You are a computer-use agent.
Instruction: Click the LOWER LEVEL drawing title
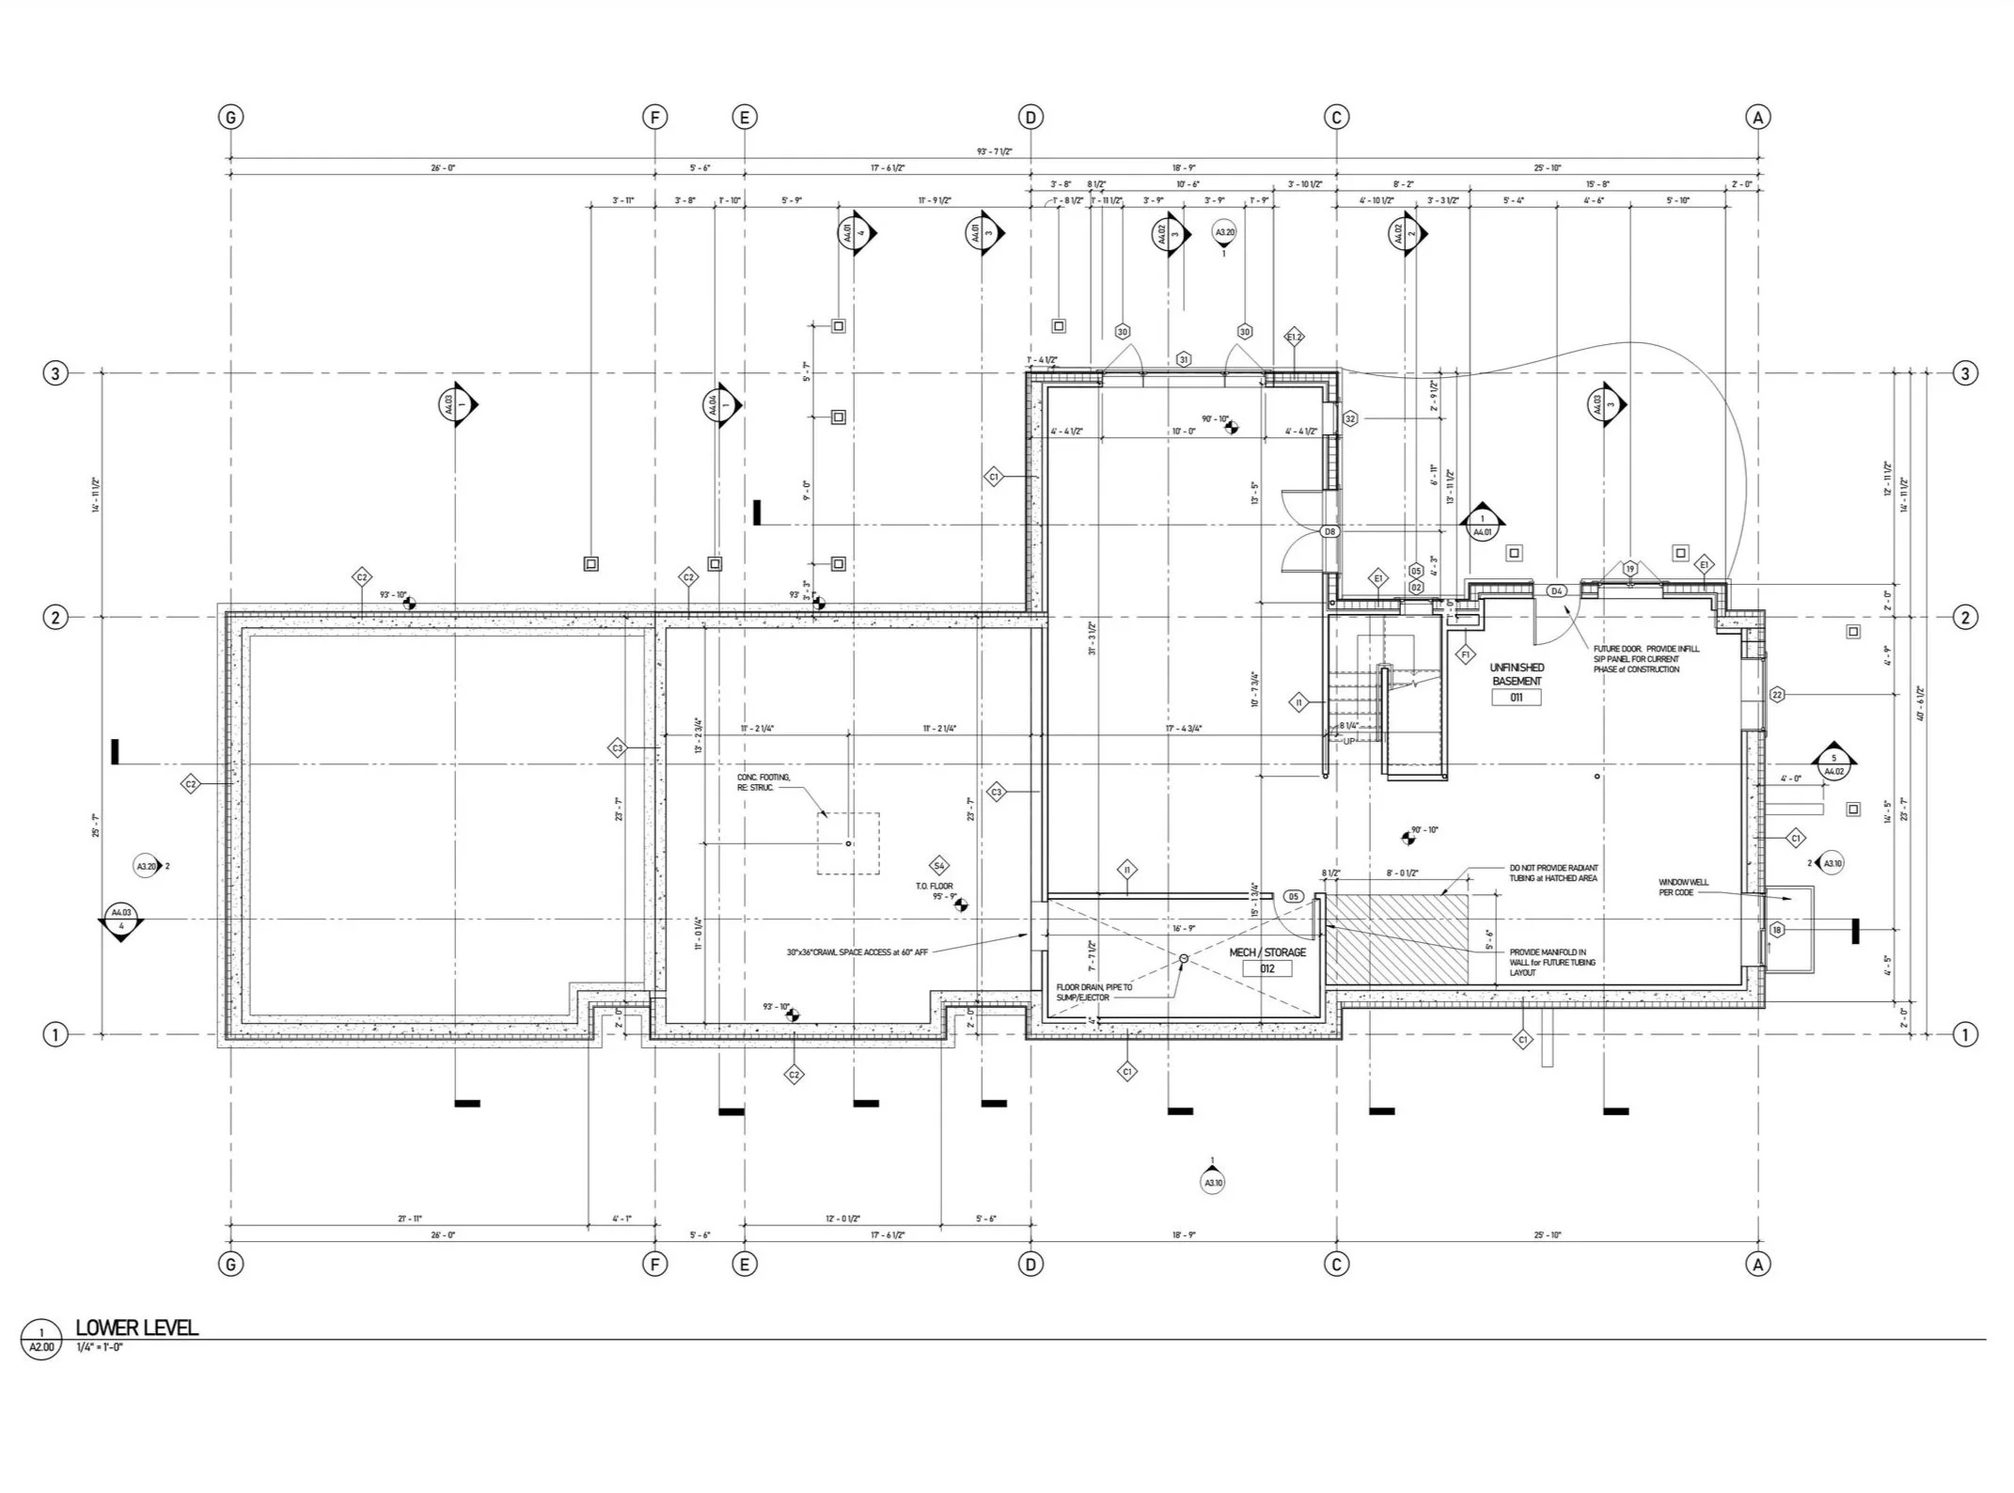pos(136,1328)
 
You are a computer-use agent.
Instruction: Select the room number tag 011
pos(1516,698)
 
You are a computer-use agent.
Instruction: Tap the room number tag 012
pos(1267,968)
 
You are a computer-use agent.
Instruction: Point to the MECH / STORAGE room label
pos(1267,952)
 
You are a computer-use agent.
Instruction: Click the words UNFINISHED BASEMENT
pos(1516,674)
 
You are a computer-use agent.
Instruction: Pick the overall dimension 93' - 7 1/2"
pos(994,151)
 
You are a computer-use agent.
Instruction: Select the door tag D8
pos(1330,531)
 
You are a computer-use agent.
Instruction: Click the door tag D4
pos(1556,591)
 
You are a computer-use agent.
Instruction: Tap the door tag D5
pos(1293,897)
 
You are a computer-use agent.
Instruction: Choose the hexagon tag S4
pos(937,866)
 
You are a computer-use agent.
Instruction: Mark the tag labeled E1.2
pos(1295,337)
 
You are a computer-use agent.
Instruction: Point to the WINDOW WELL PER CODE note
pos(1683,888)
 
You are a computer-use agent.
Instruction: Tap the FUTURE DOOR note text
pos(1645,658)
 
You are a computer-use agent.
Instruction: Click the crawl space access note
pos(857,952)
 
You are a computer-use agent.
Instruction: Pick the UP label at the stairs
pos(1349,742)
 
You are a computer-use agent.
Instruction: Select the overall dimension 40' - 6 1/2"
pos(1922,703)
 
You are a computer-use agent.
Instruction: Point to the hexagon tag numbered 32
pos(1350,418)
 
